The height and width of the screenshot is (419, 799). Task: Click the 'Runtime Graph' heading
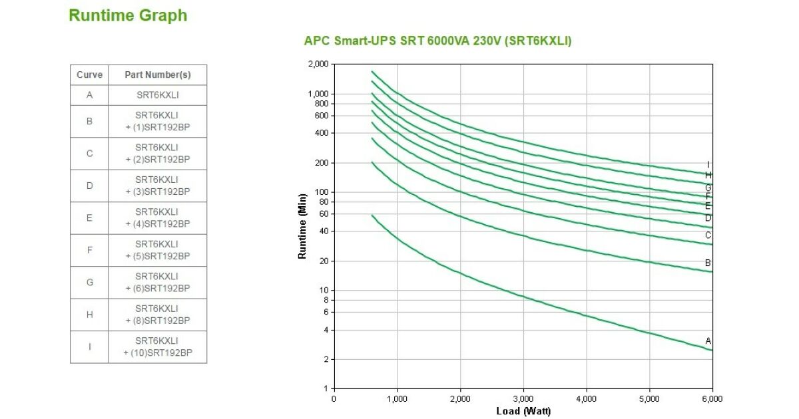128,15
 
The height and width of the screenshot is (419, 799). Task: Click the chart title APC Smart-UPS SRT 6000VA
437,41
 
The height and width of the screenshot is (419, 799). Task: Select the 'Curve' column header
89,75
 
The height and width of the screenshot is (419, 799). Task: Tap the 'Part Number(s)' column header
158,75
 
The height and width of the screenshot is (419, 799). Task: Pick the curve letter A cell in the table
89,95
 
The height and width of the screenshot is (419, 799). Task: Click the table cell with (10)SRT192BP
158,347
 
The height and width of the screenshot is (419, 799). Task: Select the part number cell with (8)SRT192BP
158,315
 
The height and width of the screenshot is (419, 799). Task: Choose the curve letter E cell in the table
89,218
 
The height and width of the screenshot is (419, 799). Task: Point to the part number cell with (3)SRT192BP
158,186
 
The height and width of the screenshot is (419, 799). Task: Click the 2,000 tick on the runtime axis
318,64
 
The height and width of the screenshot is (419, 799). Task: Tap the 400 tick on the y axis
322,133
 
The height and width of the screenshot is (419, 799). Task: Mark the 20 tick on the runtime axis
324,261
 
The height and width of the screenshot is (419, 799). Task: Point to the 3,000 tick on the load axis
523,398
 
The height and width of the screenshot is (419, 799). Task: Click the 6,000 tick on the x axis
712,398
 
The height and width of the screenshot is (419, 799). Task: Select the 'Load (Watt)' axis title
523,411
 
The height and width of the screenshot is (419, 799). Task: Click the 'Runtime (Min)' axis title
302,225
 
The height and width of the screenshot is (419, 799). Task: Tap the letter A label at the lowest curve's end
708,341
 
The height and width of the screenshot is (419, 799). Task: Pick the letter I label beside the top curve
708,165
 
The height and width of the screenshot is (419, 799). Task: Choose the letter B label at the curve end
708,263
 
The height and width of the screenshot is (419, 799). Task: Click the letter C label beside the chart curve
708,235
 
